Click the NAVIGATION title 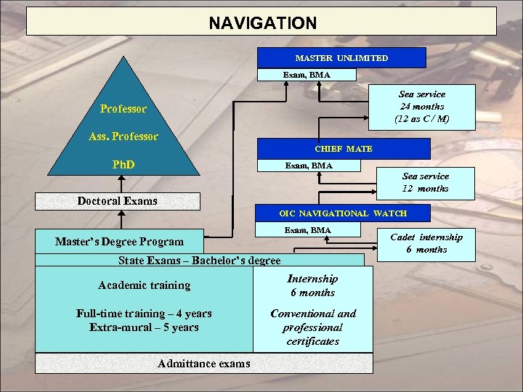pyautogui.click(x=262, y=23)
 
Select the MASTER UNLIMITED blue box pyautogui.click(x=341, y=57)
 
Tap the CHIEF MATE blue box pyautogui.click(x=343, y=149)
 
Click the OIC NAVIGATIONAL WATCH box pyautogui.click(x=343, y=213)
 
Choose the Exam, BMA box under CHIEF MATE pyautogui.click(x=309, y=166)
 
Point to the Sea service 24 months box pyautogui.click(x=421, y=106)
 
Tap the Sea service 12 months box pyautogui.click(x=425, y=182)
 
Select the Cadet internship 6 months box pyautogui.click(x=426, y=243)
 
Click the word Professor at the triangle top pyautogui.click(x=123, y=109)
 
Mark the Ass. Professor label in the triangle pyautogui.click(x=123, y=136)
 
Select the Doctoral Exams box pyautogui.click(x=117, y=201)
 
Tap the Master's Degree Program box pyautogui.click(x=119, y=241)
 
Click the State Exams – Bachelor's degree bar pyautogui.click(x=199, y=260)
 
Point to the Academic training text pyautogui.click(x=144, y=285)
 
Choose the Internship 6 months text pyautogui.click(x=312, y=285)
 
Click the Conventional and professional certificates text pyautogui.click(x=313, y=327)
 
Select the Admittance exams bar pyautogui.click(x=203, y=363)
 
